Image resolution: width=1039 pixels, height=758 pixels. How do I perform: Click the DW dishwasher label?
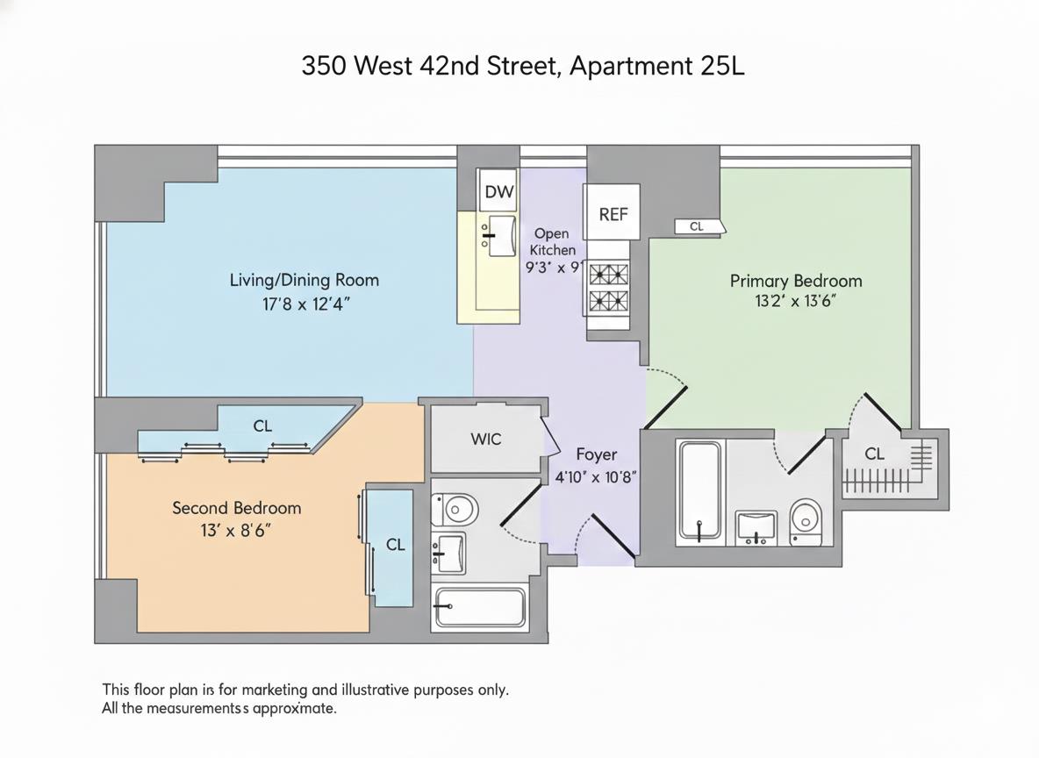498,192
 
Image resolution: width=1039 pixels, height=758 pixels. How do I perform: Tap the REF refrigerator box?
613,213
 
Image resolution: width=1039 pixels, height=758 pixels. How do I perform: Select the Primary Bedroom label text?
796,281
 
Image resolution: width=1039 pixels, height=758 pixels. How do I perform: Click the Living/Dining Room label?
304,280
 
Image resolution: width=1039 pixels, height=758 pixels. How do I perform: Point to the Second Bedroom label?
236,508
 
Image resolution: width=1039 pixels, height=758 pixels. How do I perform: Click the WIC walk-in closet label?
486,439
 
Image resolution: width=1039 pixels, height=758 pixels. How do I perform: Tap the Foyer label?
596,454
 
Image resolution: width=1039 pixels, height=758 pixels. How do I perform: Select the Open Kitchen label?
552,241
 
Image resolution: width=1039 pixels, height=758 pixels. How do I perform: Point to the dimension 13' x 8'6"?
236,530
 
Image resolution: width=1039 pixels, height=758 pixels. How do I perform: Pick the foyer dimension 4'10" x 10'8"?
596,476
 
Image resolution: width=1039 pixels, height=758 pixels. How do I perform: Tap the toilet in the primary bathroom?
805,522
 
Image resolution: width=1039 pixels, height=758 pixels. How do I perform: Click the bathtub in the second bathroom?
480,608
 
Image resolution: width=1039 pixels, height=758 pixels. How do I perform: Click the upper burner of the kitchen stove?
607,273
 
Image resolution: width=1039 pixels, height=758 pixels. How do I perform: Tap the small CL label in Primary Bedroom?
697,226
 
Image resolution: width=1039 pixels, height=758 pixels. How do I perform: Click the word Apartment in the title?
631,67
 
